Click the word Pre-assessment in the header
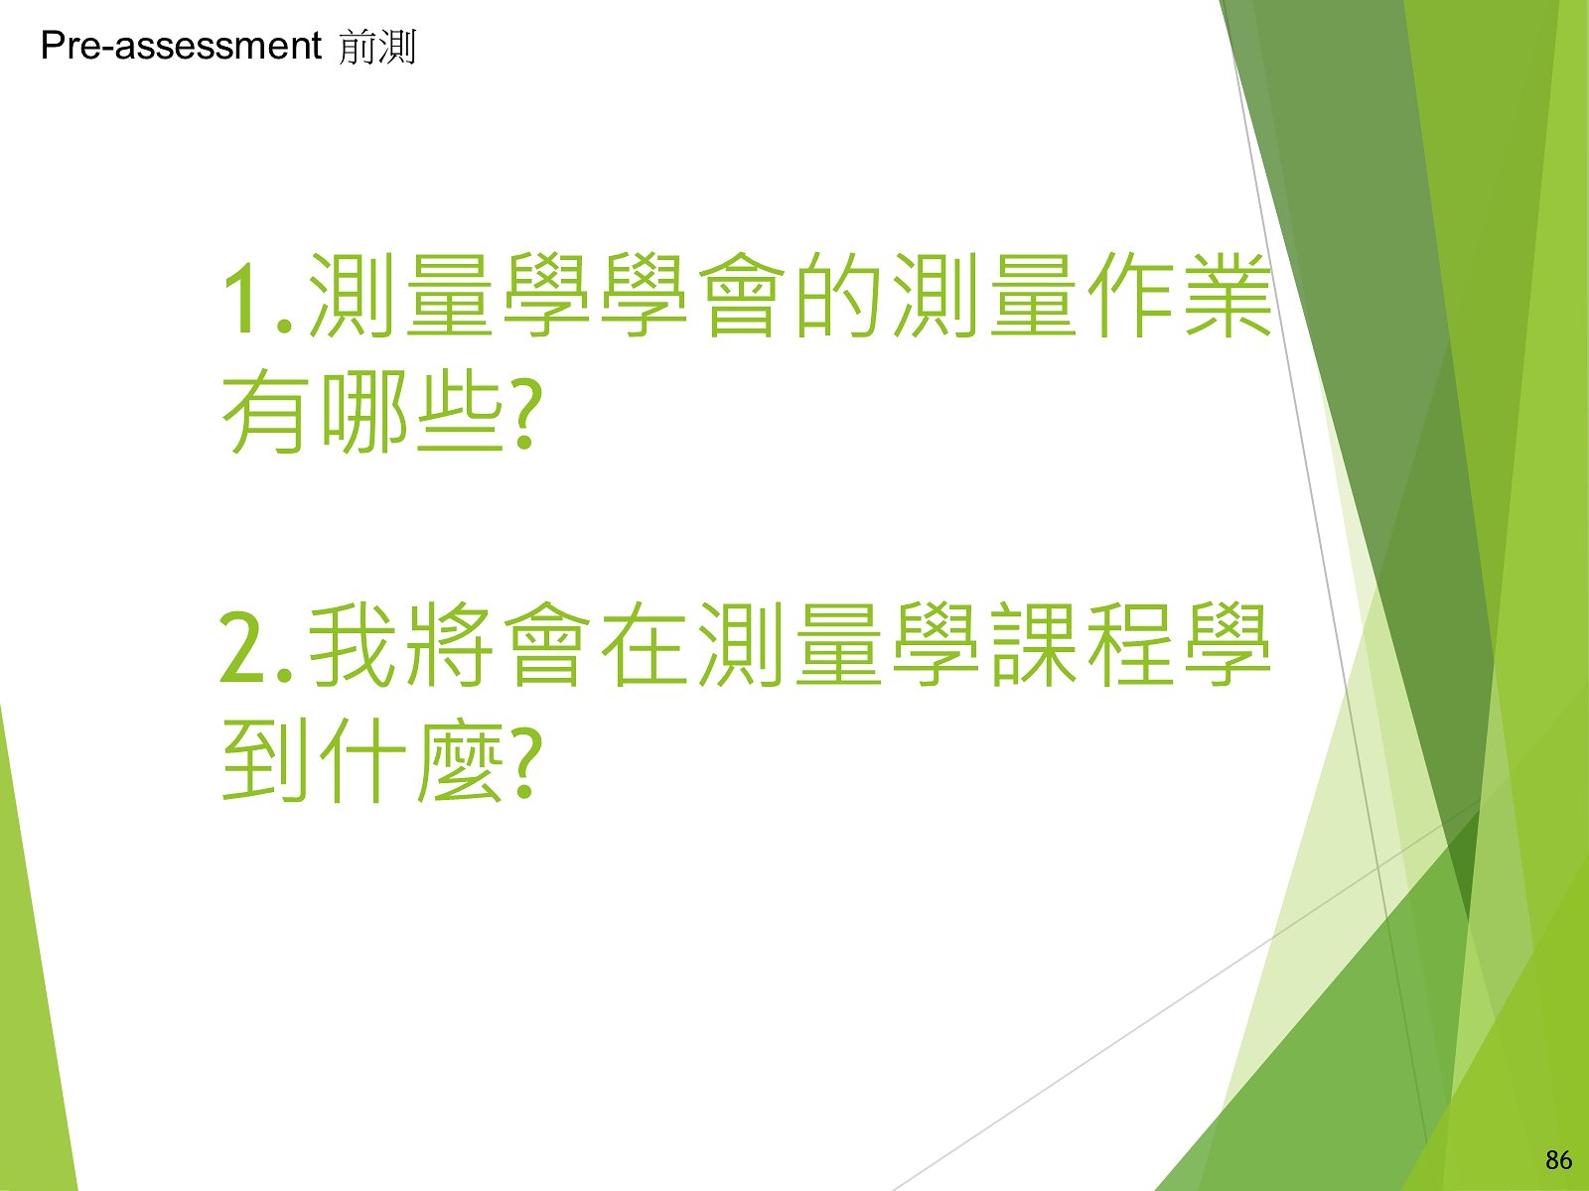pyautogui.click(x=181, y=47)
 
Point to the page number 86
pyautogui.click(x=1558, y=1160)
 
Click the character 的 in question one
pyautogui.click(x=839, y=295)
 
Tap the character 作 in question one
pyautogui.click(x=1130, y=295)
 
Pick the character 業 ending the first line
pyautogui.click(x=1228, y=295)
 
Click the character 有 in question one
pyautogui.click(x=263, y=412)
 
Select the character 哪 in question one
pyautogui.click(x=364, y=412)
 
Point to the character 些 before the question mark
pyautogui.click(x=461, y=412)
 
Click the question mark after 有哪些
pyautogui.click(x=527, y=414)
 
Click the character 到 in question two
pyautogui.click(x=263, y=760)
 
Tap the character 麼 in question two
pyautogui.click(x=461, y=760)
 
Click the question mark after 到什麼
pyautogui.click(x=527, y=763)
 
